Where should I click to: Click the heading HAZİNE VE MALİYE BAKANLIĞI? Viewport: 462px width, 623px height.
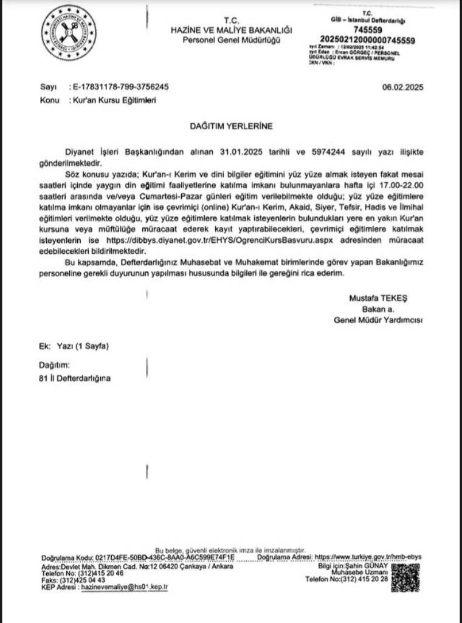[232, 30]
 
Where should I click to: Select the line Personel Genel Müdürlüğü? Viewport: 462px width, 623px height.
[232, 40]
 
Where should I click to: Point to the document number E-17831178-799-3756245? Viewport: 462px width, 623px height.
[119, 87]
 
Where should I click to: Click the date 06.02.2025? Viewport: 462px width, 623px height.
[402, 87]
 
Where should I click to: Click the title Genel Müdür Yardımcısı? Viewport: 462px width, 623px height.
[378, 320]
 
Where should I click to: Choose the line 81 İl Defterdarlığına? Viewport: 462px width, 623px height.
[75, 378]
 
